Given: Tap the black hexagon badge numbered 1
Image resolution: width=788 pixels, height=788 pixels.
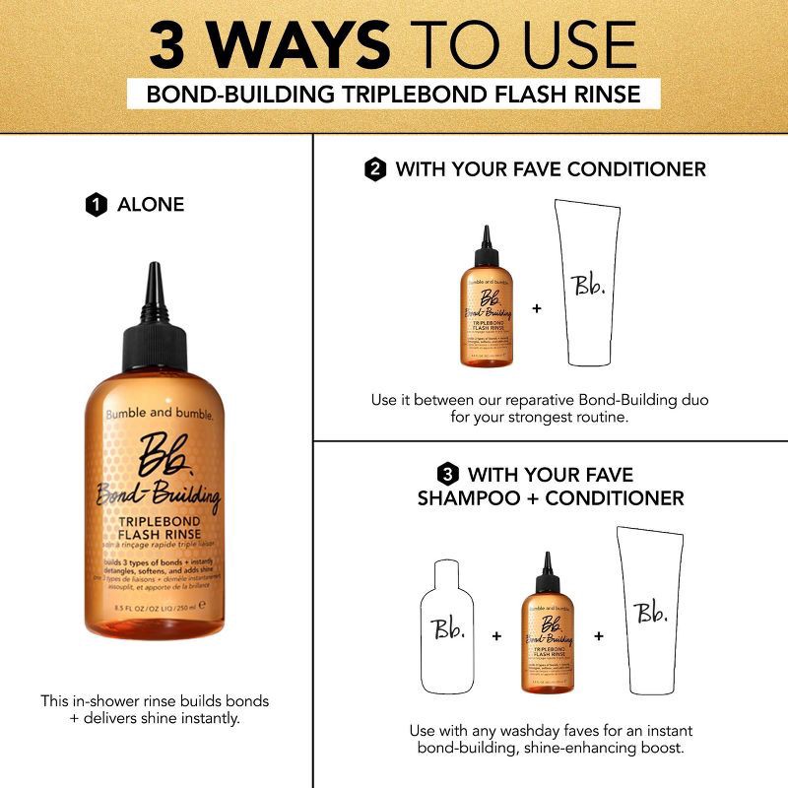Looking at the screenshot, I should [96, 206].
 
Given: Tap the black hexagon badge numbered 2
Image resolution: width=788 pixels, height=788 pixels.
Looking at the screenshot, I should [374, 169].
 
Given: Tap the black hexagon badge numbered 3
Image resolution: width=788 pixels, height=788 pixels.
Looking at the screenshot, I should [446, 475].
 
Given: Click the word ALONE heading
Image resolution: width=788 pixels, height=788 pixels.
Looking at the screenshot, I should [151, 206].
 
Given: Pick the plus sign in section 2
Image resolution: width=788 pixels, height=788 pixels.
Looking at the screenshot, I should [537, 308].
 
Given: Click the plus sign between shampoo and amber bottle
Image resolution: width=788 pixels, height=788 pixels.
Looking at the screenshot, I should [495, 636].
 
